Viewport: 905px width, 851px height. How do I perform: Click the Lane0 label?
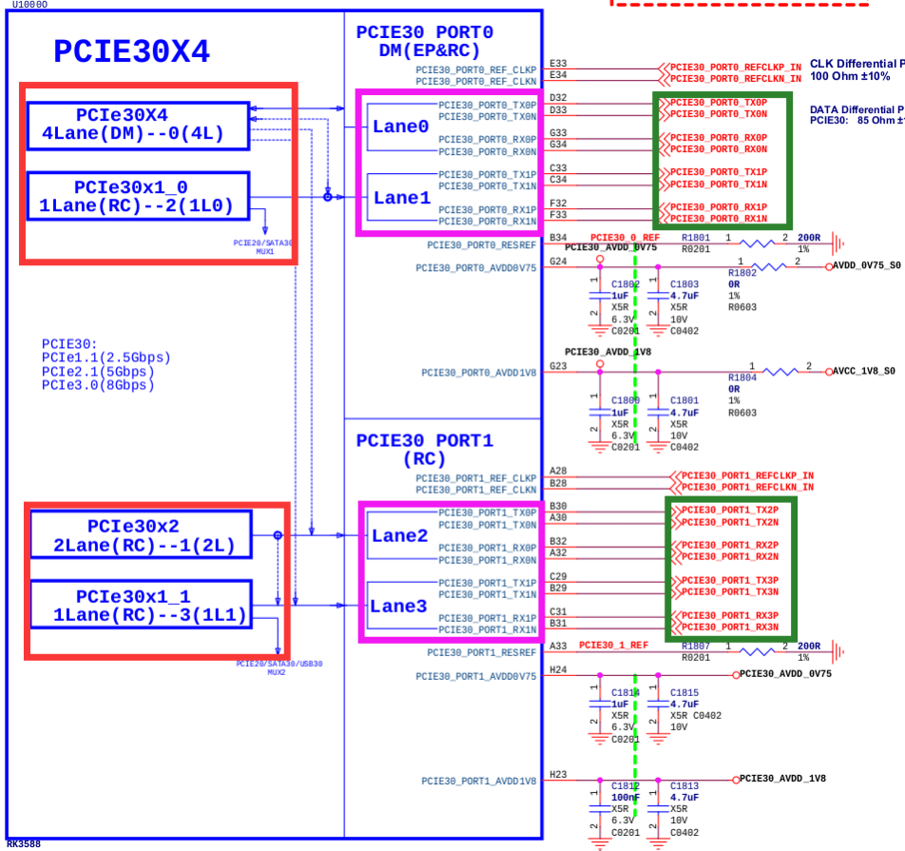click(x=400, y=126)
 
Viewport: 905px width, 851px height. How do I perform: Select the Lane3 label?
click(x=399, y=607)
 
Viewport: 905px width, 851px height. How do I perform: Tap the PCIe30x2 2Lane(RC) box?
click(x=141, y=536)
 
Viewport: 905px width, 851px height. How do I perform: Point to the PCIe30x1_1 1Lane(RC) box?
click(x=141, y=607)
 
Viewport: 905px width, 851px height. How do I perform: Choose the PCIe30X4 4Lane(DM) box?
click(x=138, y=125)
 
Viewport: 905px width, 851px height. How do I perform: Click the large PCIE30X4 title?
click(x=131, y=50)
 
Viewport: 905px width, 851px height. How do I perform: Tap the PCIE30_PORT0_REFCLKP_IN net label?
click(x=735, y=68)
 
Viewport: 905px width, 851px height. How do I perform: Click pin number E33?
click(x=558, y=63)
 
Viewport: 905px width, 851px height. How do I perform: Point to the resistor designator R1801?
click(x=696, y=237)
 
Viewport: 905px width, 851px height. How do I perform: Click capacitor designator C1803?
click(x=684, y=284)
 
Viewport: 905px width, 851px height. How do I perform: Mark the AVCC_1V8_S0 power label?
click(x=866, y=371)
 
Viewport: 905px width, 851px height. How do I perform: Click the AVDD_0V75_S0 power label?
click(x=866, y=267)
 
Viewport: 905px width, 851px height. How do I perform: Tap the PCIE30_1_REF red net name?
click(x=613, y=646)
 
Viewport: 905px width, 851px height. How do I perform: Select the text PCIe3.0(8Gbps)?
click(x=98, y=385)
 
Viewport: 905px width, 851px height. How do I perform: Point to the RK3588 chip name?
click(x=23, y=843)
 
